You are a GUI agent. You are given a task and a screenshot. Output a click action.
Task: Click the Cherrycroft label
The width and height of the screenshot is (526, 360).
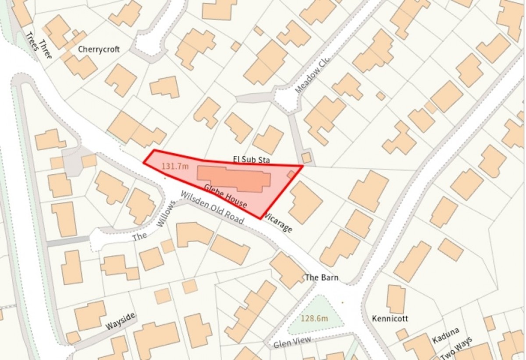99,49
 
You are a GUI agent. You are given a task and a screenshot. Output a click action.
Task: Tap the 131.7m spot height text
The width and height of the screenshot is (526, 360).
175,166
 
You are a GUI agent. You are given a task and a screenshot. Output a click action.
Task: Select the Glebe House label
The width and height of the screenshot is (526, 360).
225,197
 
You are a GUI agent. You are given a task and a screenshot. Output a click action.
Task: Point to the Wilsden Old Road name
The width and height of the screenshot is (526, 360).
212,208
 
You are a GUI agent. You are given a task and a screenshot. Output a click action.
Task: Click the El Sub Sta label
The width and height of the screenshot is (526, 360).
251,160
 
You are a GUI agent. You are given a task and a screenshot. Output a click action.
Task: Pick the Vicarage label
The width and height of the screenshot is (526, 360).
277,223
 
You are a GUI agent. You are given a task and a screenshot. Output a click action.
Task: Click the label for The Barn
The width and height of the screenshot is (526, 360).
321,278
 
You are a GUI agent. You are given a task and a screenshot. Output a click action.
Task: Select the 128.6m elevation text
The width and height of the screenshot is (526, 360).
314,318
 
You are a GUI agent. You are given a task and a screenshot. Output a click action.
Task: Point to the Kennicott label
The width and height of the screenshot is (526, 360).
390,318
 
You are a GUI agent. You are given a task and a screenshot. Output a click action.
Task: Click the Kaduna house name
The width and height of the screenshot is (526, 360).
445,335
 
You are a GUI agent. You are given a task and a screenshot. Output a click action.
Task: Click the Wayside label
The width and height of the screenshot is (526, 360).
120,321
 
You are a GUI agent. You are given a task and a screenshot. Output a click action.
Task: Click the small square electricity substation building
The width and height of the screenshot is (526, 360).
306,157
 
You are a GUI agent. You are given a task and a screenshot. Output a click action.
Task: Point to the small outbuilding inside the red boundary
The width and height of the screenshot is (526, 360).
291,174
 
